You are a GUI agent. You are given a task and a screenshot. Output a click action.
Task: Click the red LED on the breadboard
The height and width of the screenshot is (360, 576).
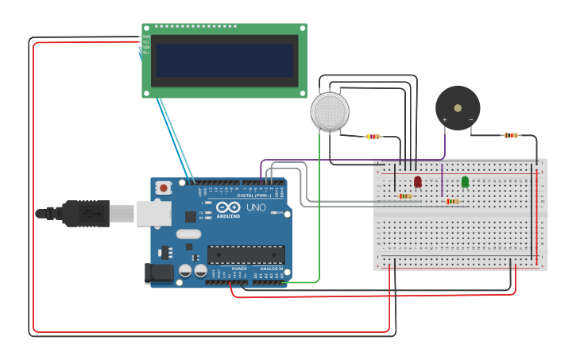click(x=418, y=181)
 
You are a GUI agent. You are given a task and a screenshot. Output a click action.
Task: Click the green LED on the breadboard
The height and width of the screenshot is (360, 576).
click(x=465, y=181)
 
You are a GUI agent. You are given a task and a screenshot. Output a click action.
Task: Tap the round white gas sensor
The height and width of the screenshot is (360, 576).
click(x=330, y=111)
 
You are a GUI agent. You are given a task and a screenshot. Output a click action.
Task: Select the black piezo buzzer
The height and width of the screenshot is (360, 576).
click(x=458, y=108)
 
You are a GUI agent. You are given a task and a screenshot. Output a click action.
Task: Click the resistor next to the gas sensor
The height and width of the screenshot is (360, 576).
click(x=373, y=136)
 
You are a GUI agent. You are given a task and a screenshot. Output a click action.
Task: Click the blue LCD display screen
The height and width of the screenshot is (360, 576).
click(x=223, y=60)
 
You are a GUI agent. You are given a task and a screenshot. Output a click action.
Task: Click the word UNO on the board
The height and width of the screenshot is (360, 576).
click(x=256, y=207)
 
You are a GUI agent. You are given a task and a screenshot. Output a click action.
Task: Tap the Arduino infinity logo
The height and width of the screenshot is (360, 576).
click(x=227, y=207)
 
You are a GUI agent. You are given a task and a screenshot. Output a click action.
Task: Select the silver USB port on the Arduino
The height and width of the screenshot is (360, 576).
click(x=154, y=213)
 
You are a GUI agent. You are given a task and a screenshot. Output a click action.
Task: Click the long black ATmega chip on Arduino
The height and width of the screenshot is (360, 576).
click(x=245, y=254)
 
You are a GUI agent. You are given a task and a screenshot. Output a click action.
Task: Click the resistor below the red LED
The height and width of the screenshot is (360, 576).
click(x=405, y=196)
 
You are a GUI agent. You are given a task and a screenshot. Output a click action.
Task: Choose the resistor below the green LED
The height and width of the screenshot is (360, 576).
click(x=452, y=201)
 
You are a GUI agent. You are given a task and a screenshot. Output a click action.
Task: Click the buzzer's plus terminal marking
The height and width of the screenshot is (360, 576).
click(x=444, y=120)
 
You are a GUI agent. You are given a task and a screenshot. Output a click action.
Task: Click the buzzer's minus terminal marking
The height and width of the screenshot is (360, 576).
click(x=470, y=120)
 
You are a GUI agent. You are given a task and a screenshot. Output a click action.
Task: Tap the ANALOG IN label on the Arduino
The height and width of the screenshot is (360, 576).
click(x=271, y=269)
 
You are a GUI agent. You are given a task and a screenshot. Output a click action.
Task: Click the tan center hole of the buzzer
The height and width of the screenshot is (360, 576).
click(x=458, y=107)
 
